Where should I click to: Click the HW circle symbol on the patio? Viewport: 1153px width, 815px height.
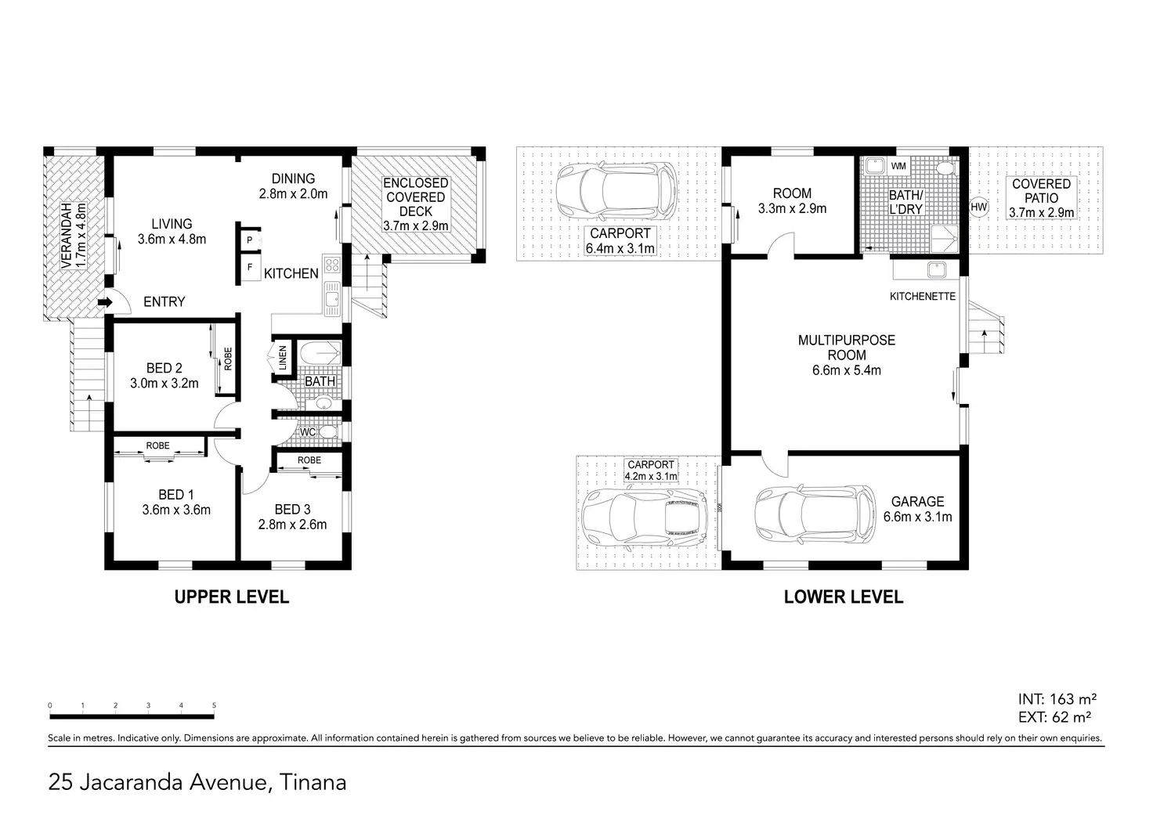[x=978, y=207]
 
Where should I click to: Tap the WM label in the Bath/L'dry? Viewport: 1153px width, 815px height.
[x=898, y=166]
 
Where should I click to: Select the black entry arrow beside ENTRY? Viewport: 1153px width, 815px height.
[x=105, y=302]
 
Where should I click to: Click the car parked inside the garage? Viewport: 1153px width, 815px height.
[x=815, y=514]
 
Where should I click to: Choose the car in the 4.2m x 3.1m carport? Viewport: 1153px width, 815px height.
[x=645, y=519]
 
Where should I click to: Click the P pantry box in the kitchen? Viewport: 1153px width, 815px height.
[x=251, y=240]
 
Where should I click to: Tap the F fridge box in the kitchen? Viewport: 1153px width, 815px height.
[x=251, y=268]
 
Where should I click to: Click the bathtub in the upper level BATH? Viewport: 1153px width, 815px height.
[x=320, y=354]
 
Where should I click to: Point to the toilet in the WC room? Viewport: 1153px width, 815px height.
[x=328, y=431]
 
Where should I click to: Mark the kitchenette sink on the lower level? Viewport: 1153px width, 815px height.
[x=936, y=269]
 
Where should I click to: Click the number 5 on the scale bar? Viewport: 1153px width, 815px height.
[x=214, y=705]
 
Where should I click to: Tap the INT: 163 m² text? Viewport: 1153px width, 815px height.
[x=1057, y=699]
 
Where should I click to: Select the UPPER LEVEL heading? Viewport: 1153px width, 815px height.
[x=232, y=597]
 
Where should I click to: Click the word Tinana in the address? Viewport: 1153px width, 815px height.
[x=313, y=783]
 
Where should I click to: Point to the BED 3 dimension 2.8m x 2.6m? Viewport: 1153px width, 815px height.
[x=292, y=525]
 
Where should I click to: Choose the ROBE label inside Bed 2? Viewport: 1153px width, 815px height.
[x=228, y=359]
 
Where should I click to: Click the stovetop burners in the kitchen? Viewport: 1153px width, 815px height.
[x=332, y=265]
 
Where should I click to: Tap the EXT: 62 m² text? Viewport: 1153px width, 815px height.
[x=1054, y=716]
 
